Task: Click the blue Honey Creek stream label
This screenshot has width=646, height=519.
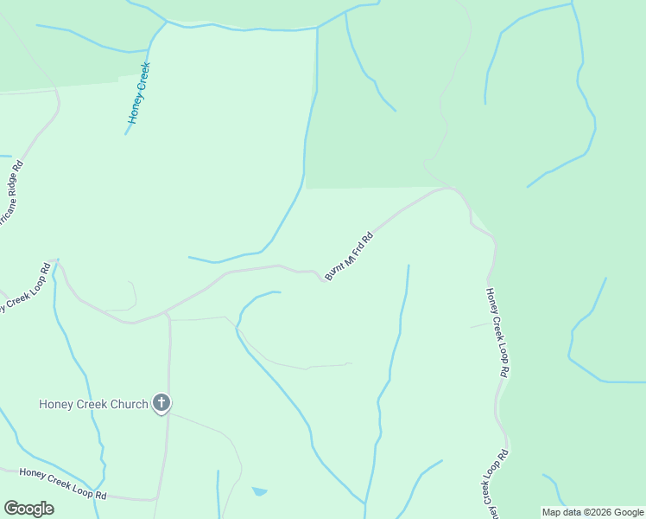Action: coord(139,93)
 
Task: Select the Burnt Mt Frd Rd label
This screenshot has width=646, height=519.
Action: coord(349,255)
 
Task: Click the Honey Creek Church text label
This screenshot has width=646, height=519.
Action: coord(93,404)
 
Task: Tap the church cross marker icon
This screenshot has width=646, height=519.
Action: coord(161,402)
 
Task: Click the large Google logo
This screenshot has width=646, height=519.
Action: coord(28,509)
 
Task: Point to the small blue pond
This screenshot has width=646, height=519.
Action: coord(259,491)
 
